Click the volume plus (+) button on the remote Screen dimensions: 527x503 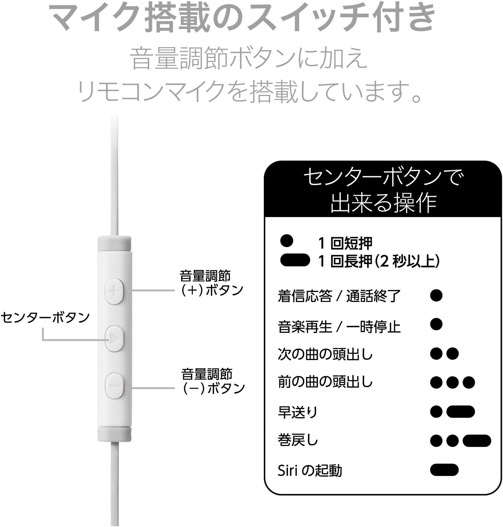pyautogui.click(x=114, y=291)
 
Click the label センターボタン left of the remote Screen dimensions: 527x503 pyautogui.click(x=45, y=317)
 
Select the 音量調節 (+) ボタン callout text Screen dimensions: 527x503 pyautogui.click(x=211, y=283)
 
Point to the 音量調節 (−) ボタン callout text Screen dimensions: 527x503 pyautogui.click(x=213, y=381)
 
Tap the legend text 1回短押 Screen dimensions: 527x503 pyautogui.click(x=345, y=243)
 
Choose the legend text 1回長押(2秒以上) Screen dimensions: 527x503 pyautogui.click(x=378, y=261)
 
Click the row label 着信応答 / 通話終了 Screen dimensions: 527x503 pyautogui.click(x=339, y=296)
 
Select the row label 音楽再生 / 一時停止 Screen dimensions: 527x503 pyautogui.click(x=339, y=326)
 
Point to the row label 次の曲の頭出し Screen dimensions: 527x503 pyautogui.click(x=325, y=354)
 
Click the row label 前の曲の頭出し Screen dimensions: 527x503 pyautogui.click(x=325, y=382)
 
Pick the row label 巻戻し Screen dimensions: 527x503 pyautogui.click(x=298, y=440)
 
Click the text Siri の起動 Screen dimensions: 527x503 pyautogui.click(x=310, y=470)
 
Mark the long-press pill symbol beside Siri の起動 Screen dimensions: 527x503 pyautogui.click(x=444, y=470)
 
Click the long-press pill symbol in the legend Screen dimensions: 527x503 pyautogui.click(x=295, y=260)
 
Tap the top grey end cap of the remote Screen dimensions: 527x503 pyautogui.click(x=114, y=243)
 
